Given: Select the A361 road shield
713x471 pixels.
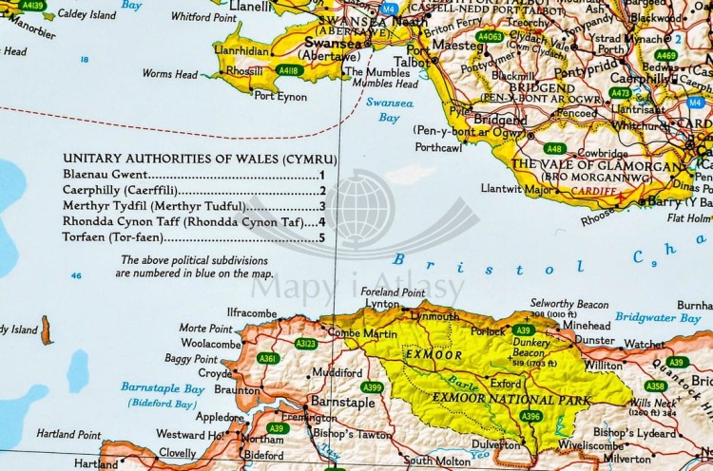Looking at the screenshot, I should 268,358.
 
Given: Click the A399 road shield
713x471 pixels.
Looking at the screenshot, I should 372,386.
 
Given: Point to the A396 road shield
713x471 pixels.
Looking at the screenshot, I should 531,415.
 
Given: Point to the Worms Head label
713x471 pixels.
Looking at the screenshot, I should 170,74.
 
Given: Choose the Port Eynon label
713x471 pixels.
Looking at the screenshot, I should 279,95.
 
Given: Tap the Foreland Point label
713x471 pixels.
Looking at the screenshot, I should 398,292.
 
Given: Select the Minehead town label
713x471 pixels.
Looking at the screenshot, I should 587,324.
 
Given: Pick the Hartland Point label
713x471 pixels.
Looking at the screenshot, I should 69,434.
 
